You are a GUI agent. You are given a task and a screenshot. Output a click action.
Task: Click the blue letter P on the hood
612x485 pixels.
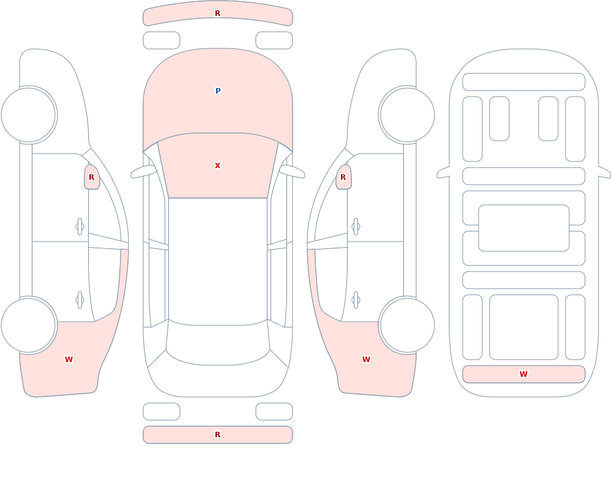tap(218, 91)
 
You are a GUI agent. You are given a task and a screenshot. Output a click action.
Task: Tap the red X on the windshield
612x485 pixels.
tap(218, 166)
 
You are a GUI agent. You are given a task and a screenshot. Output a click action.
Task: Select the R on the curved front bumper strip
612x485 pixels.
tap(218, 13)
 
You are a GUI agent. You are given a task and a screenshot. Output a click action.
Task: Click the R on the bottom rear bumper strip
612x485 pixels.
tap(218, 435)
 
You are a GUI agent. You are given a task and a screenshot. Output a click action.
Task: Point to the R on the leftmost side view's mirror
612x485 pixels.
tap(92, 177)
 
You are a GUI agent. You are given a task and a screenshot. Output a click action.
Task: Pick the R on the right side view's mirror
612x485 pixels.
tap(343, 177)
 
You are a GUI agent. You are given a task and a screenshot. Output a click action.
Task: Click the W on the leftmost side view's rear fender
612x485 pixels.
tap(69, 360)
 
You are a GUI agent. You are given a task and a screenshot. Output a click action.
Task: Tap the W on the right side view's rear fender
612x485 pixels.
tap(366, 360)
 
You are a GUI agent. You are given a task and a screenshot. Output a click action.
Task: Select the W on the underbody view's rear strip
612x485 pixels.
tap(523, 374)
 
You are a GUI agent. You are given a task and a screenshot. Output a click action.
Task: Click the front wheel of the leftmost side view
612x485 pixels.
tap(29, 115)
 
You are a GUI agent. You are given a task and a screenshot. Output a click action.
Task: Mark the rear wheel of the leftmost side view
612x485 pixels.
tap(29, 325)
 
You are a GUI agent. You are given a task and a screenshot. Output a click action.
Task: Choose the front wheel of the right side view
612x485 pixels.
tap(407, 115)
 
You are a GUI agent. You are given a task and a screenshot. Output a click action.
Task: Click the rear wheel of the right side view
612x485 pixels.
tap(407, 325)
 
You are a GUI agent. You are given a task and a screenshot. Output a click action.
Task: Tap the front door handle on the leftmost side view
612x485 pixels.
tap(80, 227)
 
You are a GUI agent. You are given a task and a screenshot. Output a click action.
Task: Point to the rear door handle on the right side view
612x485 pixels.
tap(355, 300)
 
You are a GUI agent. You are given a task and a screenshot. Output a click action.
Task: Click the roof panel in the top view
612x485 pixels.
tap(218, 261)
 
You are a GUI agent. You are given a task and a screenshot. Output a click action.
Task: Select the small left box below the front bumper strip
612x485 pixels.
tap(162, 40)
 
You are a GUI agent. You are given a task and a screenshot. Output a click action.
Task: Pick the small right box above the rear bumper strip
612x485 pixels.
tap(274, 412)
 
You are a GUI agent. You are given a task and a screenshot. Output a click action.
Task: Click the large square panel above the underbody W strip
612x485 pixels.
tap(524, 327)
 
